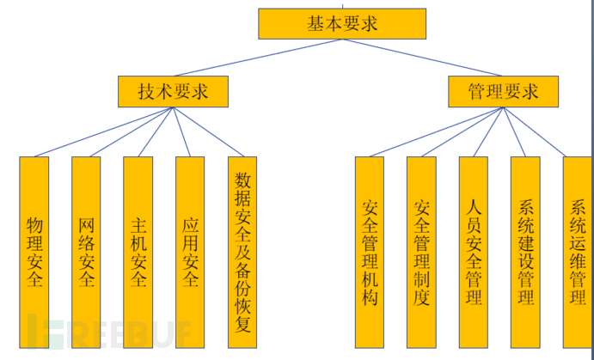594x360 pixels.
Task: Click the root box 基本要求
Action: point(342,23)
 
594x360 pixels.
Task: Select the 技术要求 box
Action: point(173,91)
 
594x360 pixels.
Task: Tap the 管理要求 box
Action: point(503,91)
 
